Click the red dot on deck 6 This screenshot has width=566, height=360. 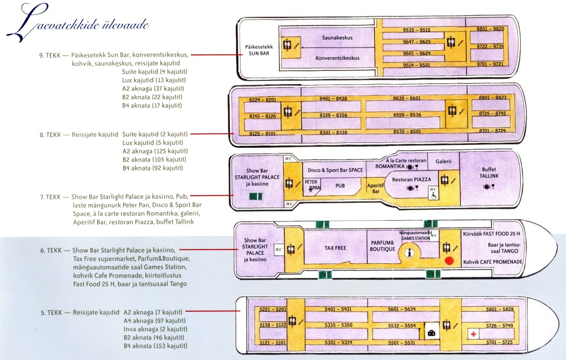(x=449, y=260)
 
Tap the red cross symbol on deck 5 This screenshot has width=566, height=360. (x=473, y=334)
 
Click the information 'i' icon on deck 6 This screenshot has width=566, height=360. (x=409, y=253)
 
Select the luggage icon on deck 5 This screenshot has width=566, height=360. (x=431, y=333)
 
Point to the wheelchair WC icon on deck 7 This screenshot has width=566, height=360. (x=433, y=193)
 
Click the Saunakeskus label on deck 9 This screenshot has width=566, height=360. (x=337, y=37)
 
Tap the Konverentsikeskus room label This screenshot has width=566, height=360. (x=337, y=58)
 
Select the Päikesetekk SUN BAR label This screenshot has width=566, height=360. (x=259, y=50)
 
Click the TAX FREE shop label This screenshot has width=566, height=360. (x=335, y=248)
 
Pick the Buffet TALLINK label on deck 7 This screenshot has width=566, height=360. (x=489, y=173)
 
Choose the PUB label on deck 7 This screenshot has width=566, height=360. (x=340, y=186)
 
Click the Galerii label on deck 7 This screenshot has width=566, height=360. (x=443, y=161)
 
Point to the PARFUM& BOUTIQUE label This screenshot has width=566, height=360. (x=382, y=246)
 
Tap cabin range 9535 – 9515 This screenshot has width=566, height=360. (x=417, y=30)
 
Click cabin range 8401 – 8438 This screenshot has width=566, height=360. (x=333, y=98)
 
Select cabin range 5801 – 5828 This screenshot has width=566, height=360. (x=500, y=310)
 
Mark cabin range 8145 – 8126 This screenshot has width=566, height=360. (x=263, y=116)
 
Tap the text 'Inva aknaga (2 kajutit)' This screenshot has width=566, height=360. (x=155, y=329)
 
